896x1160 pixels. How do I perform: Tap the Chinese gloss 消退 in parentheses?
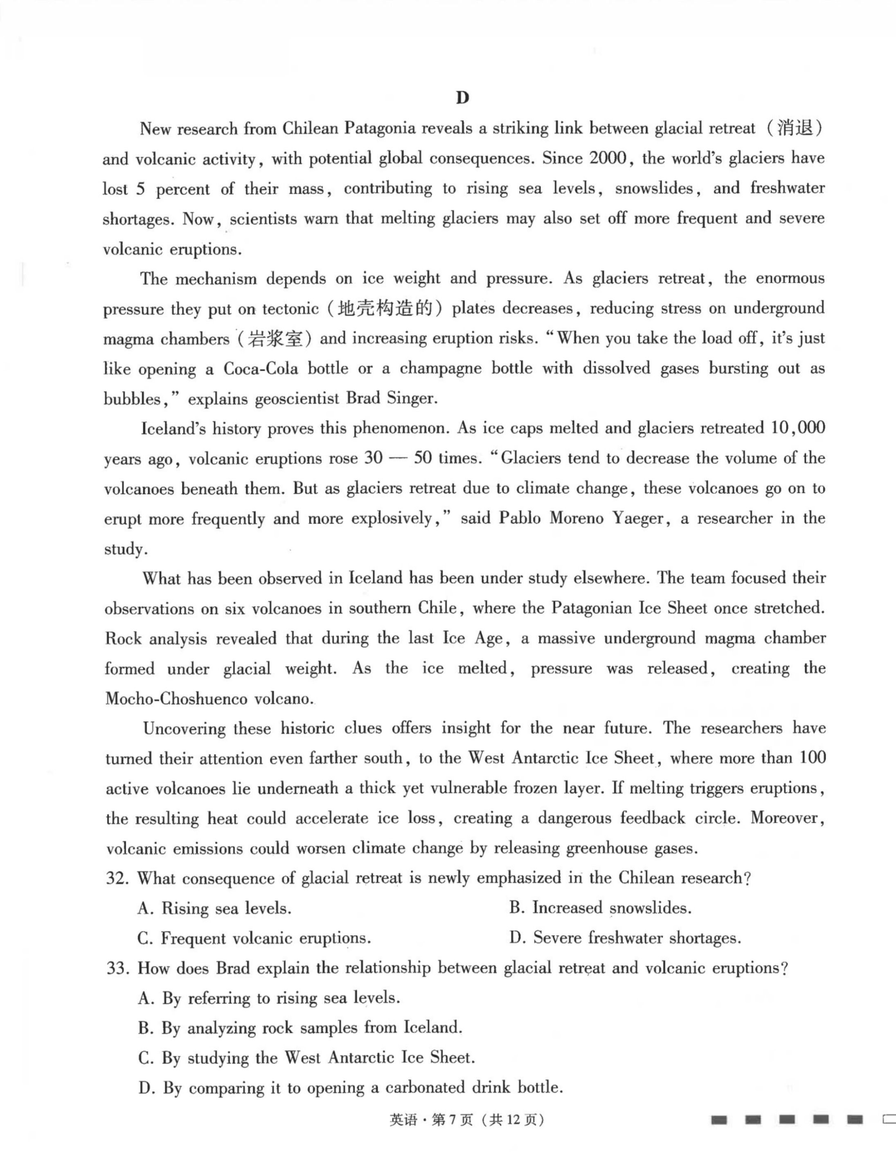[795, 128]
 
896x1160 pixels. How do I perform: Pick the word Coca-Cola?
[261, 369]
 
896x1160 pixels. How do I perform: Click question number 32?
[117, 878]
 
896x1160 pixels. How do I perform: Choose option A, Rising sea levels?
[214, 909]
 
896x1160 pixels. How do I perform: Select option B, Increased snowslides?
[600, 908]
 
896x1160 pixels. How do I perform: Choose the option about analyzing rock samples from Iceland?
[300, 1028]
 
